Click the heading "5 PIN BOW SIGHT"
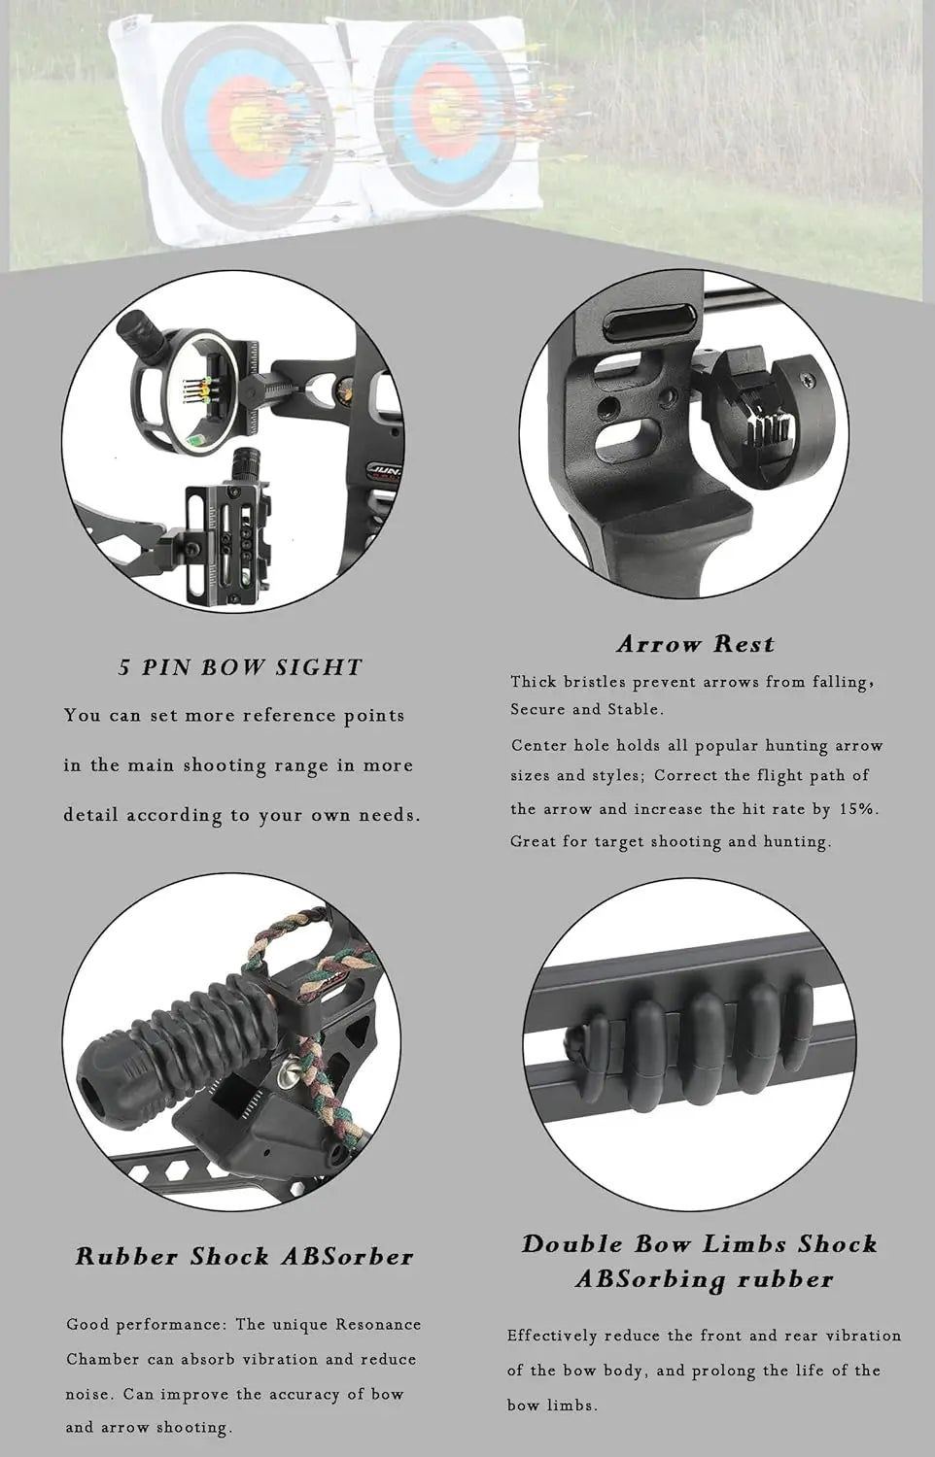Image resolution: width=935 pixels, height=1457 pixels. pos(240,667)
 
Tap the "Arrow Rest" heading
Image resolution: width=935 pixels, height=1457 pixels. pos(695,643)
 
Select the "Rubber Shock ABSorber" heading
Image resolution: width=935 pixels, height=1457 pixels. pos(244,1256)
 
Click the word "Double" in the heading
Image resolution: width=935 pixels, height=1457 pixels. pos(571,1243)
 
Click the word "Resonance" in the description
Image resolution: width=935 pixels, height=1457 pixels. pos(378,1324)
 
